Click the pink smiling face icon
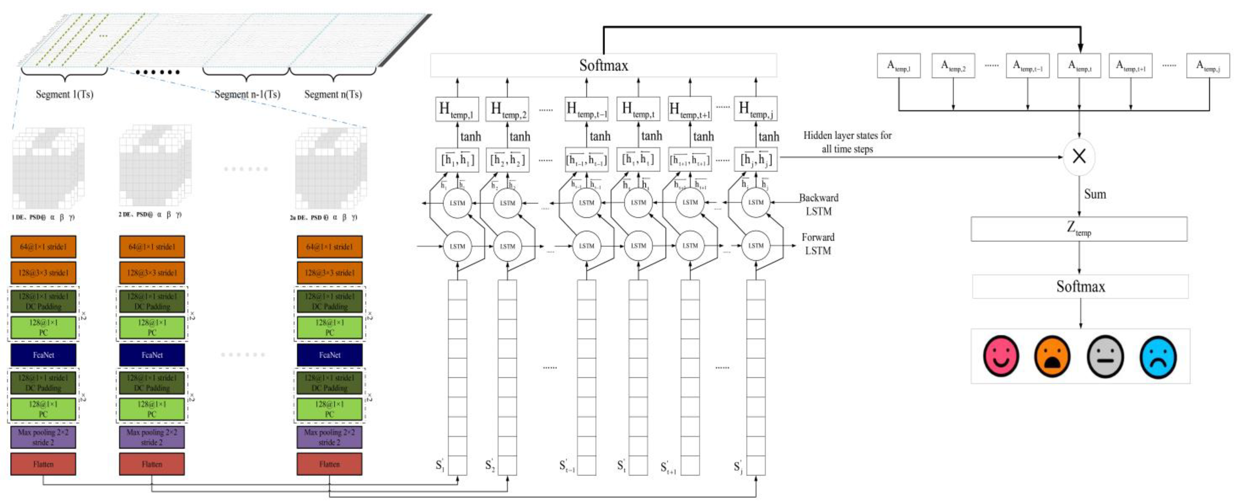[x=1001, y=356]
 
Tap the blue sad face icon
[x=1158, y=356]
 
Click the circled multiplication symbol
[x=1079, y=157]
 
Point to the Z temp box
[x=1079, y=229]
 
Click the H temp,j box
[x=755, y=109]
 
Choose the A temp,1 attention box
[x=899, y=66]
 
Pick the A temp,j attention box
[x=1208, y=66]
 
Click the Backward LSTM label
[x=819, y=204]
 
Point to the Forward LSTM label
[x=818, y=244]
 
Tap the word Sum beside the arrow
[x=1095, y=194]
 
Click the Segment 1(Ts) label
[x=64, y=94]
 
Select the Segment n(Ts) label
[x=333, y=94]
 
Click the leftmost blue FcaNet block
[x=43, y=355]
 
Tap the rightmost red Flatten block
[x=329, y=464]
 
